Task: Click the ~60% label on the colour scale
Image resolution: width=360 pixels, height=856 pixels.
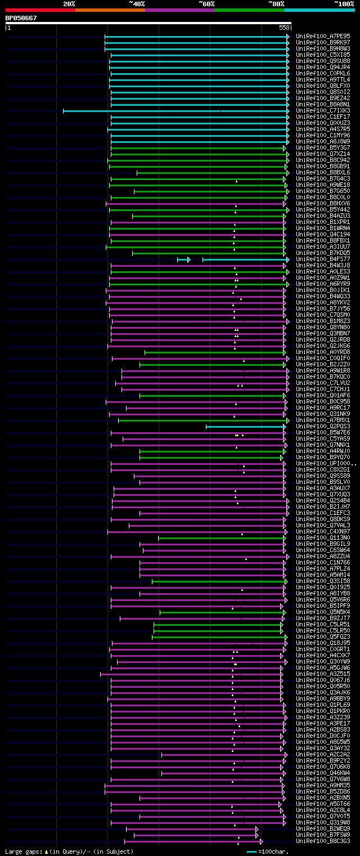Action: [x=206, y=4]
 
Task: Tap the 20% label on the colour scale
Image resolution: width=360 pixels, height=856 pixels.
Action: [x=69, y=4]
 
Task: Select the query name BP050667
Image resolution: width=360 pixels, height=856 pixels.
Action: [x=21, y=18]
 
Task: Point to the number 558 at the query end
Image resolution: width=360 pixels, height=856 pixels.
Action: [x=284, y=28]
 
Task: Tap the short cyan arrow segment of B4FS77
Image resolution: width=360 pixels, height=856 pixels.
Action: [x=183, y=259]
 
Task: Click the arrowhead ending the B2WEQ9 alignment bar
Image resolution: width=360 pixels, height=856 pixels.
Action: [x=257, y=829]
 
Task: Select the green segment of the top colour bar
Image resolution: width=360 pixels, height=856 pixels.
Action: [x=249, y=10]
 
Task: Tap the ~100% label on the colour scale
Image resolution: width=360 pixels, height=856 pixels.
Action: [x=344, y=4]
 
